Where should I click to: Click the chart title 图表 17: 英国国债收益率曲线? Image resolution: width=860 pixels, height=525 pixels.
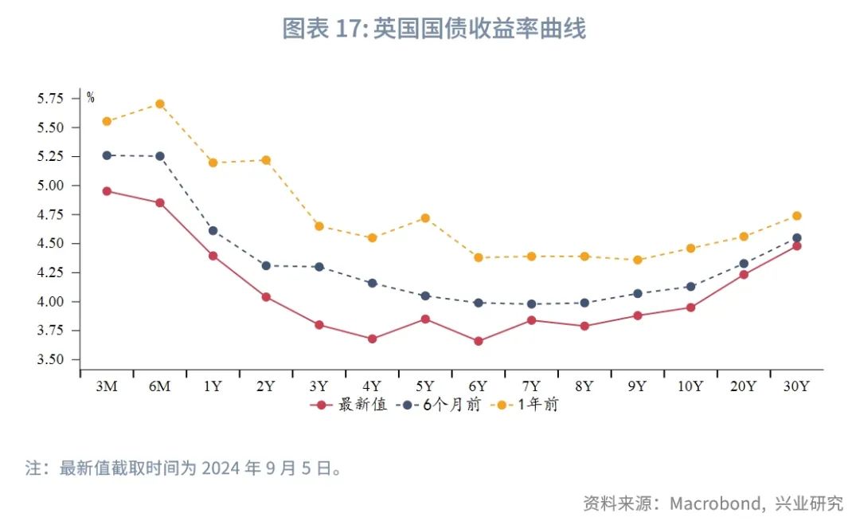[434, 29]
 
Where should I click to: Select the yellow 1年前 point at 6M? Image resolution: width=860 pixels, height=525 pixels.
[160, 104]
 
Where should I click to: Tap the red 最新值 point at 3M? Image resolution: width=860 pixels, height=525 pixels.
[107, 191]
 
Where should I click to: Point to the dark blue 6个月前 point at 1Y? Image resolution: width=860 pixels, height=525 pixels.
[213, 231]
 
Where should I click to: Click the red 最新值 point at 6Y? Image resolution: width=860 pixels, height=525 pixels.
[478, 341]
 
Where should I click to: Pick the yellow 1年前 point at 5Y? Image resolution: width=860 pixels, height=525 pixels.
[425, 217]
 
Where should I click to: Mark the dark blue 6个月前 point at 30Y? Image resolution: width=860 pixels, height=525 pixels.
[796, 237]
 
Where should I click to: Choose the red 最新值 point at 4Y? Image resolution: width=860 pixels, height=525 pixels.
[372, 339]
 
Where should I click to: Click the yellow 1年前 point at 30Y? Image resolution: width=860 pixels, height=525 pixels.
[796, 216]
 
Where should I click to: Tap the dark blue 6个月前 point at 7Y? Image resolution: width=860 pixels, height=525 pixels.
[531, 304]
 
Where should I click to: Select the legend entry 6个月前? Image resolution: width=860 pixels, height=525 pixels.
[451, 405]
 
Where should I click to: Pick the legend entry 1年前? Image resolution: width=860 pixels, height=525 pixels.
[538, 405]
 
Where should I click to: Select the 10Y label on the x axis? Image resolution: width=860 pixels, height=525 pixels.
[690, 386]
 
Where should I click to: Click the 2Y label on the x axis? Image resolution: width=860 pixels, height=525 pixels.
[266, 386]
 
